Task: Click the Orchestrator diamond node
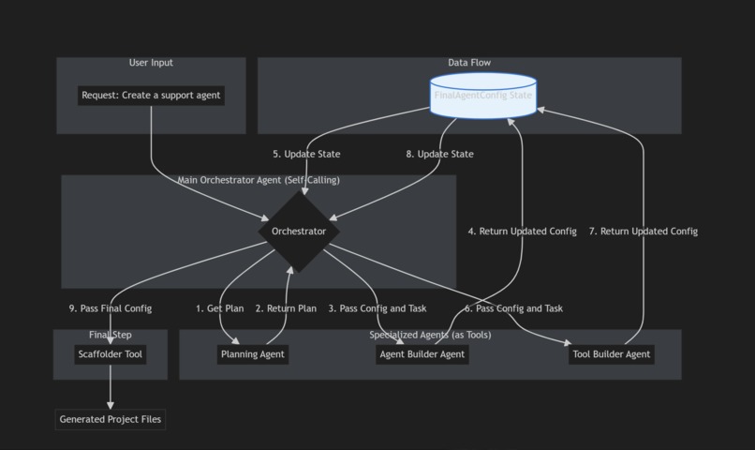[x=299, y=232]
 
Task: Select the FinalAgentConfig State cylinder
[x=483, y=97]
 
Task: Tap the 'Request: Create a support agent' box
[x=151, y=96]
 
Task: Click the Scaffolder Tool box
[x=111, y=354]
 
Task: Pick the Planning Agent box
[x=252, y=354]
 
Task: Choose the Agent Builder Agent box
[x=422, y=354]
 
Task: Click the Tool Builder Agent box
[x=611, y=354]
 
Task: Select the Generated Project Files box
[x=111, y=419]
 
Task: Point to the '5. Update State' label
[x=306, y=154]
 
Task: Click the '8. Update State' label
[x=439, y=154]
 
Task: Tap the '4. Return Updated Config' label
[x=523, y=231]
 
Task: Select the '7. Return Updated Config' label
[x=643, y=231]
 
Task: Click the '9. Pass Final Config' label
[x=111, y=308]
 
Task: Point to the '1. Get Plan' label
[x=219, y=308]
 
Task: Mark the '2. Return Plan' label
[x=286, y=308]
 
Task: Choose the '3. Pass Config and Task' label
[x=377, y=308]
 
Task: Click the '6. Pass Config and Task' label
[x=513, y=308]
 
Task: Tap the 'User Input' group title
[x=151, y=63]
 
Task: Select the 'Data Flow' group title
[x=469, y=63]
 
